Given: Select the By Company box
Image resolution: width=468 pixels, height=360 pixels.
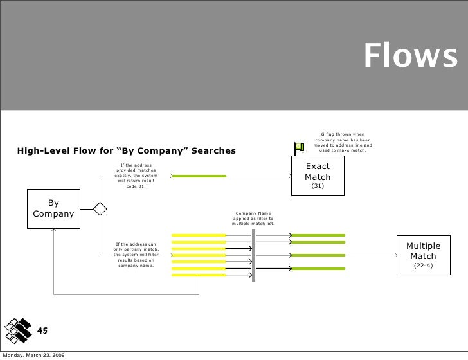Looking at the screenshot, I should click(53, 208).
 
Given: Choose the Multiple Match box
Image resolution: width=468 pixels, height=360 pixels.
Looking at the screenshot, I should click(422, 255).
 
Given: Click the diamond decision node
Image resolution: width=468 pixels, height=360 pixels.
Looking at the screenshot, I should click(100, 209).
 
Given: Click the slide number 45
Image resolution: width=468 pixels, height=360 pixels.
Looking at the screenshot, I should click(43, 331).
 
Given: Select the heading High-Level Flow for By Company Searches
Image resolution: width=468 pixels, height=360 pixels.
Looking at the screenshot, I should click(127, 151).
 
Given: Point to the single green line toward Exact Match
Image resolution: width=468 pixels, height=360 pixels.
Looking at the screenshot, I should click(199, 175).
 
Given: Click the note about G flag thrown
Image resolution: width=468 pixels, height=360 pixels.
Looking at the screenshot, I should click(343, 142).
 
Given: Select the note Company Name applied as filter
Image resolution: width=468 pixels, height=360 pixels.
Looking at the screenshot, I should click(253, 219).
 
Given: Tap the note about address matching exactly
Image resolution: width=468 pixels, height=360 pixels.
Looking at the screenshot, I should click(136, 176).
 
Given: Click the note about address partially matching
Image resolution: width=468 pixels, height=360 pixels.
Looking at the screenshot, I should click(135, 255).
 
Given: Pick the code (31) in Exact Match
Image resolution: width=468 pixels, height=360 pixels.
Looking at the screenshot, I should click(317, 186).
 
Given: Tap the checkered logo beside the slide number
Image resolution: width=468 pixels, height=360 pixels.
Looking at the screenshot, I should click(17, 329).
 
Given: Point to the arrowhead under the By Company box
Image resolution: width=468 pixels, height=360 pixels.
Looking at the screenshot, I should click(54, 230).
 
